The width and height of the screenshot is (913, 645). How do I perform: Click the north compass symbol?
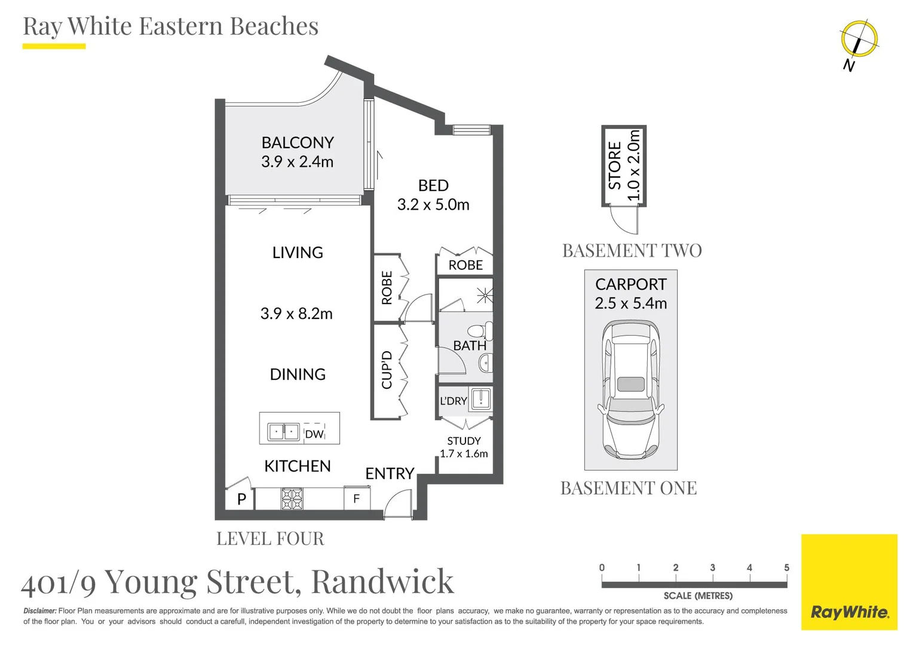tap(859, 39)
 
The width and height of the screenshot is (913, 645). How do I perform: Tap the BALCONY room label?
tap(297, 143)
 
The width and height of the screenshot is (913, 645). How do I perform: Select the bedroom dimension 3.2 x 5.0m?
tap(433, 205)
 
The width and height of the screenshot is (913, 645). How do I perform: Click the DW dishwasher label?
tap(314, 434)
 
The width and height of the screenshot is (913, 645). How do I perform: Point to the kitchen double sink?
tap(283, 432)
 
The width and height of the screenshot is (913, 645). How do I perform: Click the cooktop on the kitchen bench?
tap(292, 499)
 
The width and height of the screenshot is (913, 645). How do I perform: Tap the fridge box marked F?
tap(357, 498)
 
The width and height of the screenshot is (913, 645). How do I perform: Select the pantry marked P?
tap(241, 499)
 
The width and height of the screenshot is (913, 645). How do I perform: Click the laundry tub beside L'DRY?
tap(481, 398)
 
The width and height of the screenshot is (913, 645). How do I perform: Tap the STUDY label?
tap(464, 441)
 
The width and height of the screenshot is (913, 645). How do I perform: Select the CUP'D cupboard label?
tap(387, 370)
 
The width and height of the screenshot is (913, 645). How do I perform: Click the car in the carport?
tap(630, 389)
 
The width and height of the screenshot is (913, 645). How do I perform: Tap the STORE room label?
tap(615, 165)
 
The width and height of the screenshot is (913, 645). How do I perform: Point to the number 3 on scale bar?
tap(712, 568)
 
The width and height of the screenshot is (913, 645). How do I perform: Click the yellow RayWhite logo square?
tap(849, 582)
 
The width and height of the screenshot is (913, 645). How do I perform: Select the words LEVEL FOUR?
tap(270, 539)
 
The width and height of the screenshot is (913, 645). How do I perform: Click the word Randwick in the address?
tap(382, 582)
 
